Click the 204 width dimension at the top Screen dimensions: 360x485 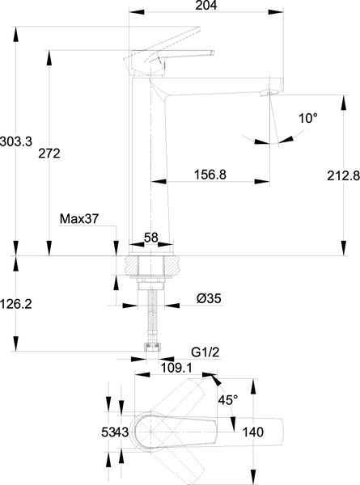pos(206,6)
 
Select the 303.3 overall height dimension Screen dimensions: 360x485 pos(16,142)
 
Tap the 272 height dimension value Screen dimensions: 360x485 pos(49,154)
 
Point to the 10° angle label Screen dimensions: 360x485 pos(308,118)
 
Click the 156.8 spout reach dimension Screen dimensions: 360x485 pos(210,175)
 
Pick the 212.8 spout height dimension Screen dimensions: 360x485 pos(344,175)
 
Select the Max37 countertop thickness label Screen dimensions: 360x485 pos(79,219)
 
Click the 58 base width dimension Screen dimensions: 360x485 pos(151,238)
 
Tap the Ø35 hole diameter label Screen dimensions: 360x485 pos(209,298)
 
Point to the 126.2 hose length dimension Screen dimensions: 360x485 pos(16,305)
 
